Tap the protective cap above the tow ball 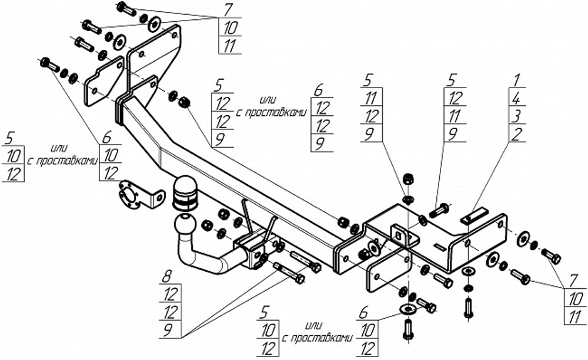(185, 193)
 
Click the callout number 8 (167, 278)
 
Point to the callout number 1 (517, 80)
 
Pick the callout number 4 (516, 98)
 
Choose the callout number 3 (516, 116)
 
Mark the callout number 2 (516, 134)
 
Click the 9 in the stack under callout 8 (168, 329)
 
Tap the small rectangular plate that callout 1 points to (474, 216)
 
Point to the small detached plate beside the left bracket (104, 81)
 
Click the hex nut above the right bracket (408, 179)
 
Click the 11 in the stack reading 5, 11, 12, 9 (371, 99)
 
